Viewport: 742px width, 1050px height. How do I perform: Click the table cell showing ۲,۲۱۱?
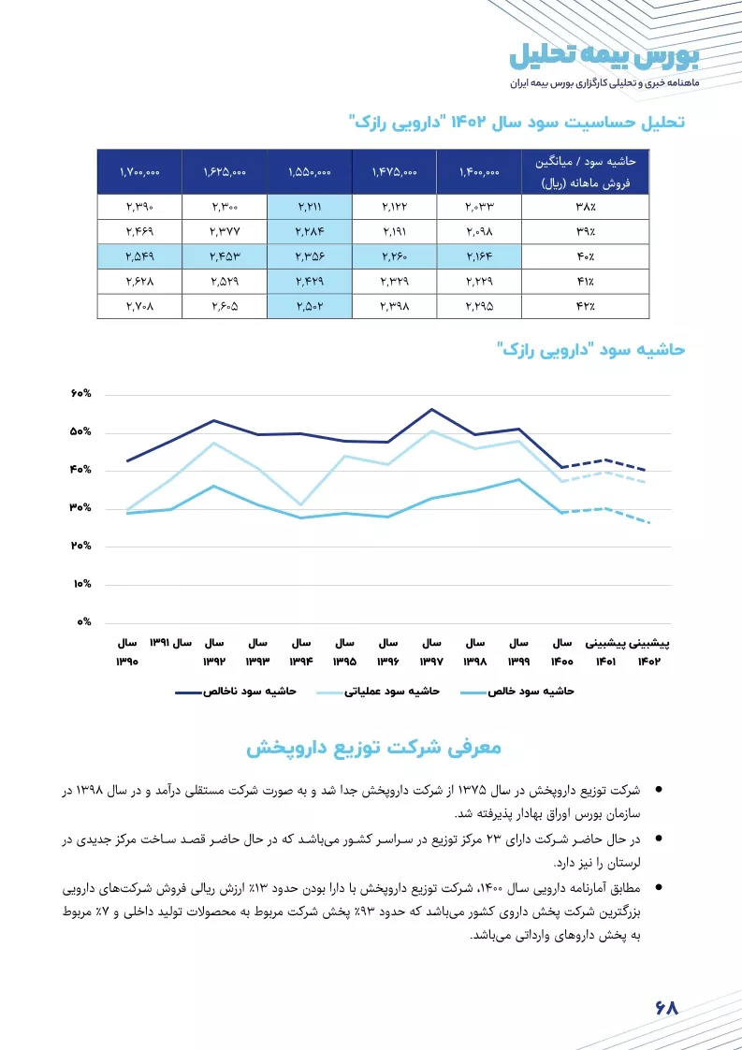click(x=310, y=207)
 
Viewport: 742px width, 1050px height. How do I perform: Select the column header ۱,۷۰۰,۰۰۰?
click(x=140, y=172)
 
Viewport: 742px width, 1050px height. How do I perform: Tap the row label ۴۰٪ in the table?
click(x=586, y=256)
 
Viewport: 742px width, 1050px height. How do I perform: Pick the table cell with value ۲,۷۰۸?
click(x=140, y=307)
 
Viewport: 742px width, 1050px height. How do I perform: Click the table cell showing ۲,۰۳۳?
click(x=479, y=207)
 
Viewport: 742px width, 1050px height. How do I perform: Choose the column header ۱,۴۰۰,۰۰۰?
click(x=479, y=172)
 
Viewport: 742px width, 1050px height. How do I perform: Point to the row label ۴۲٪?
click(x=586, y=307)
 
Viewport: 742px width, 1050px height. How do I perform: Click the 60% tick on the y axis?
click(x=80, y=394)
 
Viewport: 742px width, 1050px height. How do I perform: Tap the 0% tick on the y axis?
click(x=83, y=622)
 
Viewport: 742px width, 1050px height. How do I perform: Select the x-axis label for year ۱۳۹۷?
click(x=431, y=652)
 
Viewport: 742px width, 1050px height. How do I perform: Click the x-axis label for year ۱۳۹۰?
click(x=127, y=652)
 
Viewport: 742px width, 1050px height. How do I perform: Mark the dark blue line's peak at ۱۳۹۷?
click(x=432, y=409)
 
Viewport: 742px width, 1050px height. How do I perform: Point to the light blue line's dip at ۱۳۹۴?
click(x=301, y=504)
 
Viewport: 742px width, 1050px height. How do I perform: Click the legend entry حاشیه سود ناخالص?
click(x=236, y=691)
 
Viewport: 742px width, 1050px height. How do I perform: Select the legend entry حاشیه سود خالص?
click(x=517, y=691)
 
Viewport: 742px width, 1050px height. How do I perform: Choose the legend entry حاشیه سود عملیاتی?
click(x=378, y=691)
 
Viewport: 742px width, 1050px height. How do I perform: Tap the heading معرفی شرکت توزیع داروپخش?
click(x=373, y=748)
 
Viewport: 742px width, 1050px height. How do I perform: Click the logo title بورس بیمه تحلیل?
click(x=604, y=57)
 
